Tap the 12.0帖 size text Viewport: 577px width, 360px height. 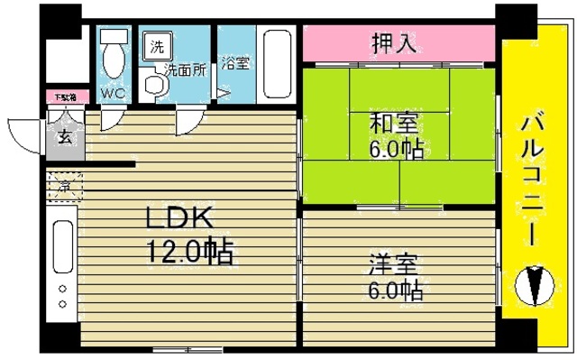point(190,250)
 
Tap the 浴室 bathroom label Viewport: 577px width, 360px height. point(235,64)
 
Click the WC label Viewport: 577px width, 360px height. point(113,93)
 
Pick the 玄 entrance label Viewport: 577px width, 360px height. point(65,138)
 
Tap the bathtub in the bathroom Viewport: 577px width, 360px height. point(275,64)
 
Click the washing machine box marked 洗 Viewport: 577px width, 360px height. point(158,46)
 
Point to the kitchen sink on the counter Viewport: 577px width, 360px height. point(62,245)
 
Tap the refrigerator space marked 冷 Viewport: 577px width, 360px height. point(66,188)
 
